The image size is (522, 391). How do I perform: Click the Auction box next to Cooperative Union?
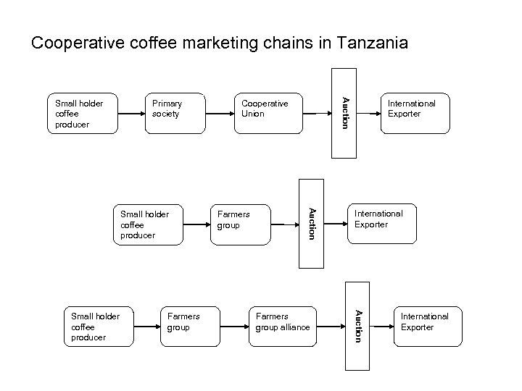click(x=344, y=112)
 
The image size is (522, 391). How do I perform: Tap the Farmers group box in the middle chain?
click(x=239, y=222)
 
